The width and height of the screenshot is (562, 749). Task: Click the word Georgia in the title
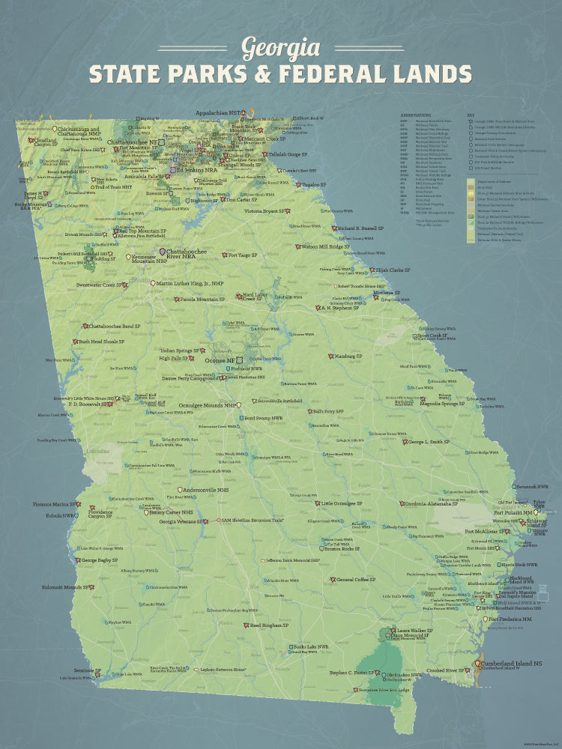click(x=280, y=49)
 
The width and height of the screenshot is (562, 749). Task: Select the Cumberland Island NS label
click(x=512, y=663)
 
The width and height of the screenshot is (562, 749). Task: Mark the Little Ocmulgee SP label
click(x=337, y=503)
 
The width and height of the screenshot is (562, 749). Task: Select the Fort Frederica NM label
click(x=511, y=619)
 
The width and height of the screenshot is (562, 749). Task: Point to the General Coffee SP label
click(x=355, y=579)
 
